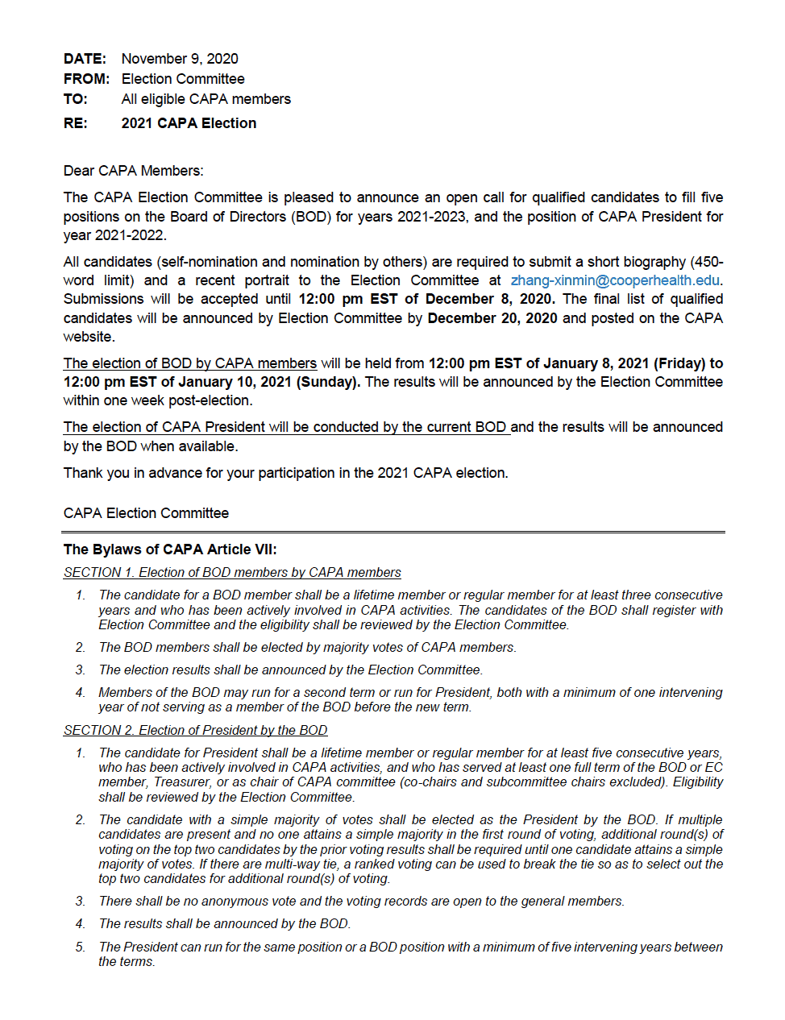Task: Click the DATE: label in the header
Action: point(85,59)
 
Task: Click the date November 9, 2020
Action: point(180,59)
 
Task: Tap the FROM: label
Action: point(86,79)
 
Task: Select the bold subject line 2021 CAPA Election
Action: point(189,123)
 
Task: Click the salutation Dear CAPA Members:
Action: point(134,171)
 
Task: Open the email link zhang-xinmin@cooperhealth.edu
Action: point(615,280)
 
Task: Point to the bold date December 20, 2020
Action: point(492,318)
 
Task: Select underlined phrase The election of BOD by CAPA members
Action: point(190,363)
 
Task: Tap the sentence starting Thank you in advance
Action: point(285,473)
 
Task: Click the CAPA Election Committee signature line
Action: point(146,513)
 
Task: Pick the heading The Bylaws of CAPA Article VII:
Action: point(170,549)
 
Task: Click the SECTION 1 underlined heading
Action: point(232,572)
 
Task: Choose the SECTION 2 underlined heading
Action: point(195,730)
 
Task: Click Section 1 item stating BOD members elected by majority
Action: point(307,647)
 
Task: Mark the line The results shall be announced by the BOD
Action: point(224,923)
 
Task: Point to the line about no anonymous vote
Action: point(361,901)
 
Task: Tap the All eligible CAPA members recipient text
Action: point(206,99)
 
